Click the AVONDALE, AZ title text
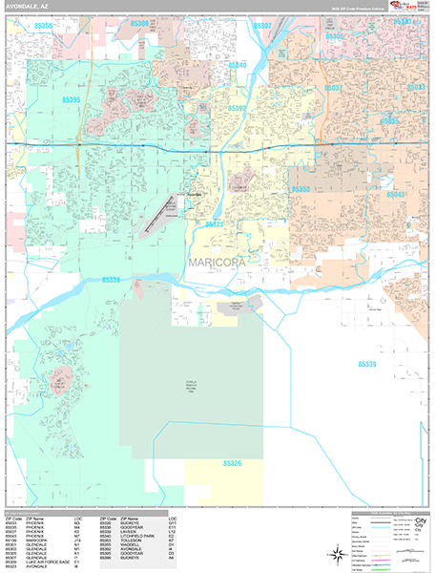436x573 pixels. [x=31, y=7]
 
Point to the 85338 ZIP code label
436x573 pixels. [x=111, y=280]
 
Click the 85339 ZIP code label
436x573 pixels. [x=368, y=365]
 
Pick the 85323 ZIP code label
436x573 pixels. [x=215, y=224]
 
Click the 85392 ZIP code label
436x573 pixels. [x=236, y=109]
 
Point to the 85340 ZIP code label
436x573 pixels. [x=237, y=65]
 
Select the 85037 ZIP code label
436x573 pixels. [x=333, y=88]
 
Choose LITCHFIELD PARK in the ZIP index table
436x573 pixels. [x=137, y=539]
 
